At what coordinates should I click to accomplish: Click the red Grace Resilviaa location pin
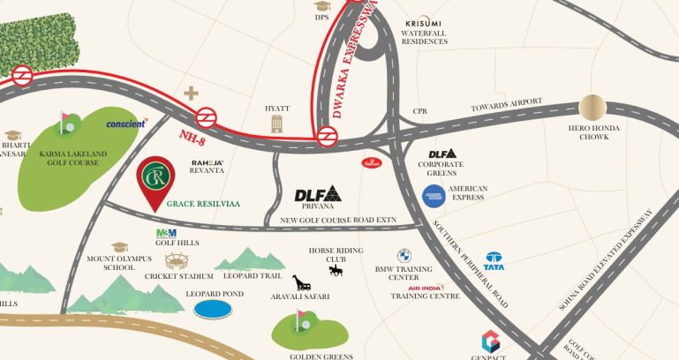coord(155,180)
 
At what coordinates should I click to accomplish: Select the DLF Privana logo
coord(318,194)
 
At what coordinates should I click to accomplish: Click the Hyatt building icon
coord(277,124)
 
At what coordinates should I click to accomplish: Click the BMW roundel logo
coord(404,254)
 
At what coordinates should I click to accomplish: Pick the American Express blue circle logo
coord(433,196)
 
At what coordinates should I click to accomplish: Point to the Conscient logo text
coord(126,124)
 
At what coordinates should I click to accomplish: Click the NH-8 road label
coord(192,135)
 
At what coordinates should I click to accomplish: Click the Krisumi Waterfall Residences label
coord(430,32)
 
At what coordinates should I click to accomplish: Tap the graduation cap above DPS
coord(322,6)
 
